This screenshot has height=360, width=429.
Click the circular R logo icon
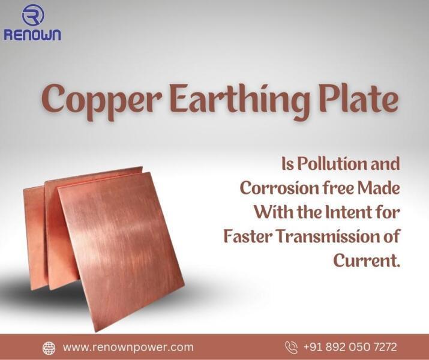[33, 15]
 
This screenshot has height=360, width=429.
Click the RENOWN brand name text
[32, 35]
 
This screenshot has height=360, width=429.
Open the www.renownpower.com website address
[128, 347]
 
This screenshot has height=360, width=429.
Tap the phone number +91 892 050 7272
[350, 347]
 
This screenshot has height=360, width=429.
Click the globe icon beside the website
[49, 348]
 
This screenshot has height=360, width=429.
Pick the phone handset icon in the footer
[291, 347]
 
